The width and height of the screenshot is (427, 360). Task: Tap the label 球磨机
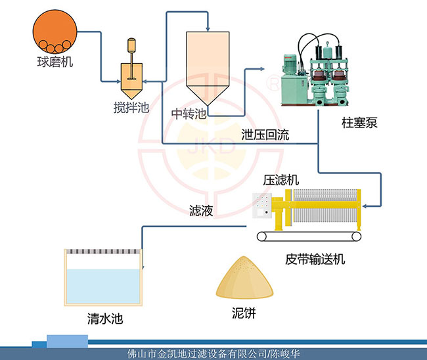tap(55, 64)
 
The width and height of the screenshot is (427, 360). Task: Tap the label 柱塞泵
tap(359, 123)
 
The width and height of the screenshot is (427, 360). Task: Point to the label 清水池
tap(105, 320)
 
